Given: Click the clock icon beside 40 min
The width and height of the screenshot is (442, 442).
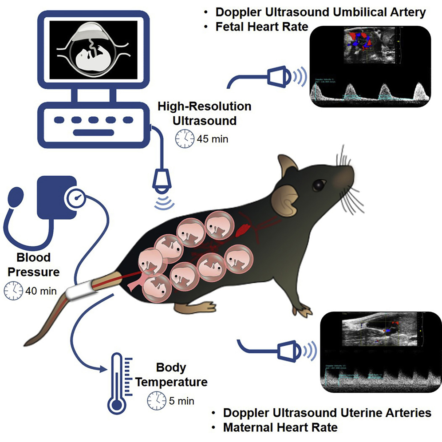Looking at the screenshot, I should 13,291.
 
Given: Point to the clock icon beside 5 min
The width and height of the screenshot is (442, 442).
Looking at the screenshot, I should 156,401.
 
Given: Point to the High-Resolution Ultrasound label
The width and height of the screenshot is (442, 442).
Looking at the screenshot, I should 205,113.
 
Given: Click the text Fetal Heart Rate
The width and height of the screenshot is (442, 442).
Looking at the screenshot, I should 262,27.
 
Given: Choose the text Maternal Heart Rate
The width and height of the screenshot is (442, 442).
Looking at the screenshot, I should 280,428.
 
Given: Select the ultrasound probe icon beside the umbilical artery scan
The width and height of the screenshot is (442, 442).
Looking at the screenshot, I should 279,76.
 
